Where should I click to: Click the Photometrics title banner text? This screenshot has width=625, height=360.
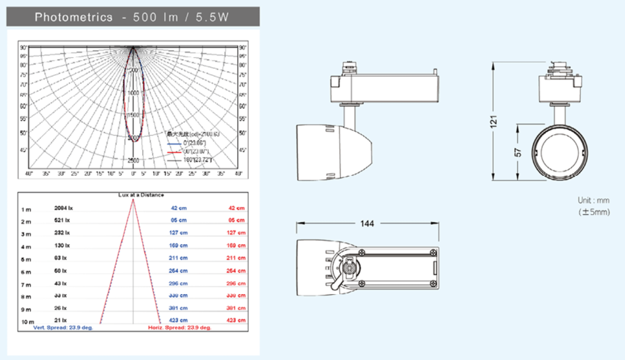click(132, 17)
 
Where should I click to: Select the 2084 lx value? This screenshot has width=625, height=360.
click(64, 208)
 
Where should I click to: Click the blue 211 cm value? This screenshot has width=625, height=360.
click(179, 258)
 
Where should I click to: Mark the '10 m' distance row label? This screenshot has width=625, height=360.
click(26, 322)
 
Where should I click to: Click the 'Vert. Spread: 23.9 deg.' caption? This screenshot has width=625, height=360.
click(63, 327)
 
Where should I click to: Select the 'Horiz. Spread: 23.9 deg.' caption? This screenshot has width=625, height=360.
click(180, 327)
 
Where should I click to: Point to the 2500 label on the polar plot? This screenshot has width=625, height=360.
click(133, 161)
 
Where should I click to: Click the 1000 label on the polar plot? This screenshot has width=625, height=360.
click(133, 93)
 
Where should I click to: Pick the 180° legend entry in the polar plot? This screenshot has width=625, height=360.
click(198, 161)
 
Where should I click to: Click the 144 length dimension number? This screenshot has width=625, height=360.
click(367, 224)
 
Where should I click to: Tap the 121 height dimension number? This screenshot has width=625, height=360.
click(494, 122)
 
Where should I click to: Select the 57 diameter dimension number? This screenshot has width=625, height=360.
click(518, 152)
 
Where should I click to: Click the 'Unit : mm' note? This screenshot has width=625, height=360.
click(593, 201)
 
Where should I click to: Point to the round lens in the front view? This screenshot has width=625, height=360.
click(559, 152)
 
